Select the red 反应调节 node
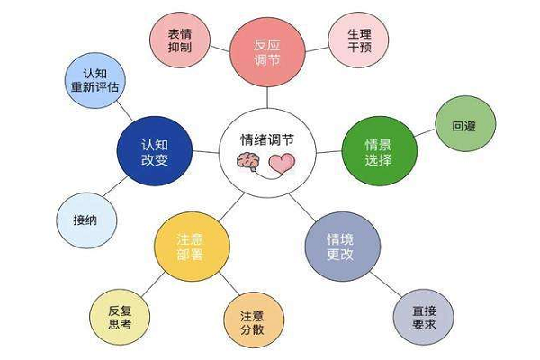pyautogui.click(x=266, y=49)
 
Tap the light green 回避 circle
pyautogui.click(x=464, y=126)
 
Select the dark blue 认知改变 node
pyautogui.click(x=154, y=151)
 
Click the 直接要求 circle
pyautogui.click(x=423, y=316)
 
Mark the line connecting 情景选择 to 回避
pyautogui.click(x=427, y=137)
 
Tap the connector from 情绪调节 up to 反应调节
pyautogui.click(x=266, y=97)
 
